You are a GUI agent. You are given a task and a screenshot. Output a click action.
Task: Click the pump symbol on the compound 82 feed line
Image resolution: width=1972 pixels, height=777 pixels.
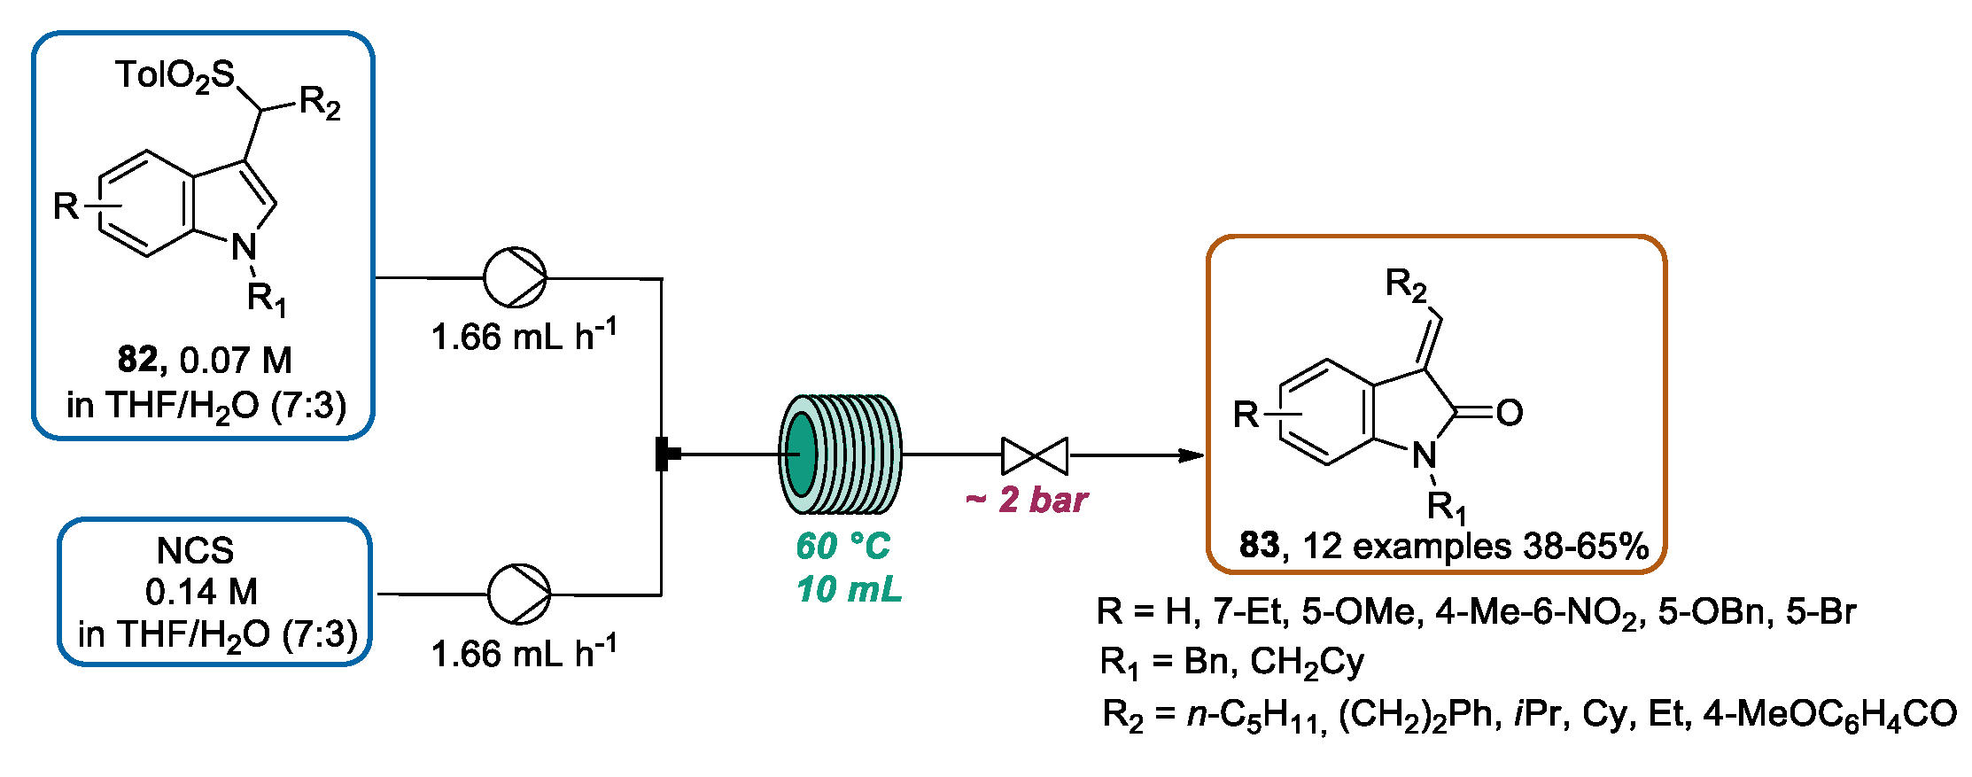[x=515, y=277]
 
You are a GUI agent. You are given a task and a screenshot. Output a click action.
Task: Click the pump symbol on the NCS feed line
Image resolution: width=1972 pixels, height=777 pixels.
[x=519, y=594]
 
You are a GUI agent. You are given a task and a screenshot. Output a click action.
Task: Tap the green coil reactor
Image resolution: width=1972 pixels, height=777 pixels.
[x=839, y=454]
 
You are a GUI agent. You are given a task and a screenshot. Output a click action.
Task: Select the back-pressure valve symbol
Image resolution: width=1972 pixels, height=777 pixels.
[x=1035, y=456]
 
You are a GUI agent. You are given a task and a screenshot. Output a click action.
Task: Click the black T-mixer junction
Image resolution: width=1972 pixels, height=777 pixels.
[x=664, y=455]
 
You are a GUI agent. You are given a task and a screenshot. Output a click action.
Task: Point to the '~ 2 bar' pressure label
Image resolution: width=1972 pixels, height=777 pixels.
[x=1026, y=501]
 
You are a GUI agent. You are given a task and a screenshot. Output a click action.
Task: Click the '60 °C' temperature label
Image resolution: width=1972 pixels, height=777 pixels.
[x=842, y=546]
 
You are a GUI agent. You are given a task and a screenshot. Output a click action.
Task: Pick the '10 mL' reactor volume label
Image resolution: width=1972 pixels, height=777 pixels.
[x=848, y=590]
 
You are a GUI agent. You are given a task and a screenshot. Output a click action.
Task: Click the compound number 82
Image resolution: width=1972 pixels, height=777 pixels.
[x=137, y=360]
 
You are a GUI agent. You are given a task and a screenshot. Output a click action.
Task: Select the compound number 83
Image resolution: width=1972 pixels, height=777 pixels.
[x=1259, y=545]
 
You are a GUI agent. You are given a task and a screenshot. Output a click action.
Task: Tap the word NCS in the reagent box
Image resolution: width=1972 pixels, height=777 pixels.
[x=195, y=551]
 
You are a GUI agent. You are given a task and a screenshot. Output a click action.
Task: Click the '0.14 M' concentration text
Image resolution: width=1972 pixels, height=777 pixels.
[x=202, y=591]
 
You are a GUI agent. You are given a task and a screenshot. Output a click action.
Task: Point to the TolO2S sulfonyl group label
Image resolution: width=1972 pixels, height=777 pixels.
[x=175, y=76]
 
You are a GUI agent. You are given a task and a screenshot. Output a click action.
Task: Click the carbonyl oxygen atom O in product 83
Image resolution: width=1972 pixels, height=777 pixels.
[x=1509, y=413]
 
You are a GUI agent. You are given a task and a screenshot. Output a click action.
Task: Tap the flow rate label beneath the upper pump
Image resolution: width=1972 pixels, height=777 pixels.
[x=524, y=337]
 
